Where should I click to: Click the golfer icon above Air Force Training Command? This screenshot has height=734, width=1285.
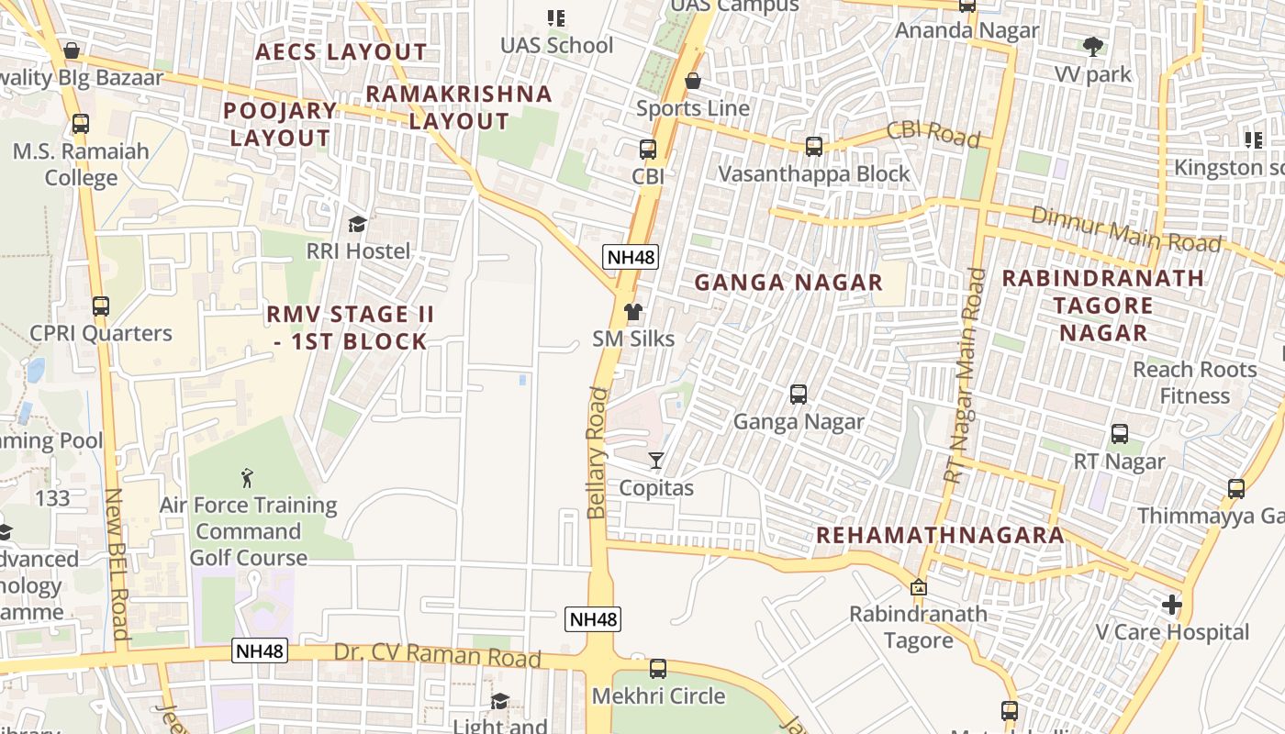click(246, 477)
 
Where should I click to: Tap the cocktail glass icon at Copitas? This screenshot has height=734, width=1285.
click(655, 460)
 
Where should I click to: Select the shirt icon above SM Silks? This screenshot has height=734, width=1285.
click(632, 312)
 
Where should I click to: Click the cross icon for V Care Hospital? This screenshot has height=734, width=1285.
click(1171, 605)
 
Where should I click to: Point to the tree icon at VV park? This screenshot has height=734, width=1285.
click(1092, 46)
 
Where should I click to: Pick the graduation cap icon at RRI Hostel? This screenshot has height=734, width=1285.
click(357, 224)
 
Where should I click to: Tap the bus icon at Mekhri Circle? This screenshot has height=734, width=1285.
click(658, 669)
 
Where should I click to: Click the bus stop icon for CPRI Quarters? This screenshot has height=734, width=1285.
click(100, 306)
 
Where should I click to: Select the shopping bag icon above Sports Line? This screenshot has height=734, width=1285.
click(693, 81)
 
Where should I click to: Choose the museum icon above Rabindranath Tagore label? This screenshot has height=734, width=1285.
click(918, 586)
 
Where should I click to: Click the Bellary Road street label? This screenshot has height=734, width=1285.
click(598, 453)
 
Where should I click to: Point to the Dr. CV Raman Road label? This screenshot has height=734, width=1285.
click(437, 655)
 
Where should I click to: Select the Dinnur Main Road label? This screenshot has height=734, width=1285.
click(1126, 229)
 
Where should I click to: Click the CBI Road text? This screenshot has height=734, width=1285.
click(934, 134)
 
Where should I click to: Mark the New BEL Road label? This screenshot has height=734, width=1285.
click(116, 563)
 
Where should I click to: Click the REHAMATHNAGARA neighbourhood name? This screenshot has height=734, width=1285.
click(940, 535)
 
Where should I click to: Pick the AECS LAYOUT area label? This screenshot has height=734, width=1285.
click(341, 52)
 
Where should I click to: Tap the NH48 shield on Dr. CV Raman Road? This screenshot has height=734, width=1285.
click(260, 651)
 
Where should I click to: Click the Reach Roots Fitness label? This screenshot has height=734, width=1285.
click(1194, 383)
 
